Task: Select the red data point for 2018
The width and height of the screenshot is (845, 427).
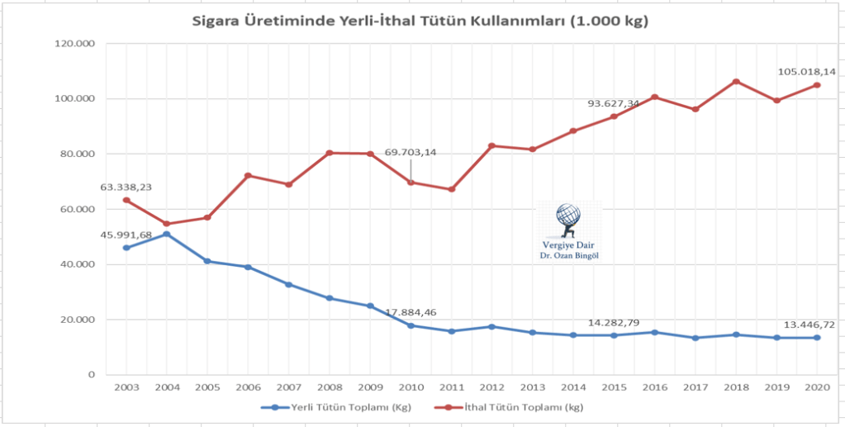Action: point(736,82)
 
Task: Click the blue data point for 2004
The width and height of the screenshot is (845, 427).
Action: point(167,235)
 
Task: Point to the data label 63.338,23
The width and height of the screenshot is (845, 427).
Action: point(126,187)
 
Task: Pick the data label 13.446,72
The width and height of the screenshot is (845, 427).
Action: point(807,323)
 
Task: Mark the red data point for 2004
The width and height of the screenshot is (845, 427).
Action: point(167,224)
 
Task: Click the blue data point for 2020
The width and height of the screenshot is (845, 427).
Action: point(817,338)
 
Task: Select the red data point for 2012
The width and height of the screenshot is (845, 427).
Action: point(492,146)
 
